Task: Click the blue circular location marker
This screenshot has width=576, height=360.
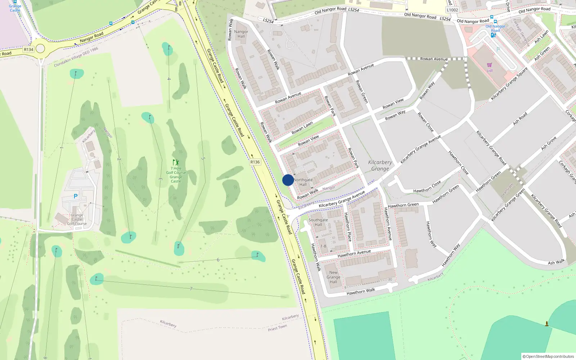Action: pos(288,180)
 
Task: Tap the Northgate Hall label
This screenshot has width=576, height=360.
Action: pos(303,182)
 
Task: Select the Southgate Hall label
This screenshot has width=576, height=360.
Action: pos(318,222)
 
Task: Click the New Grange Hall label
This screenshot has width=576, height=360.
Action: pos(333,277)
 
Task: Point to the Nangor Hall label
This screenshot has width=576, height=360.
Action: pos(241,34)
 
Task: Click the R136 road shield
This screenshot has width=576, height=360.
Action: pos(255,162)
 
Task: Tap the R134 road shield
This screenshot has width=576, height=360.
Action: pos(28,49)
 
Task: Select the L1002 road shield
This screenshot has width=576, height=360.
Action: pos(453,10)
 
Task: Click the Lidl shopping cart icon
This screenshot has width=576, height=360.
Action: pos(489,65)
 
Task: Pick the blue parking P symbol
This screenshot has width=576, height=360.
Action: pos(76,196)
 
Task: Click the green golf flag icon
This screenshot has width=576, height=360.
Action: pos(176,162)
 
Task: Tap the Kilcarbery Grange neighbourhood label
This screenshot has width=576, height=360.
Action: pos(380,166)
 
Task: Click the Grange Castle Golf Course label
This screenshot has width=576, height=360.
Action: pos(77,219)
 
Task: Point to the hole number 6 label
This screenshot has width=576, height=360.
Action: pos(218,260)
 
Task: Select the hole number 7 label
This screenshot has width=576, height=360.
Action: pos(191,289)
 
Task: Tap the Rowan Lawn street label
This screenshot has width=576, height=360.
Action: pos(302,128)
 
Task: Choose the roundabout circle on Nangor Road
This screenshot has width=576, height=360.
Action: pos(40,49)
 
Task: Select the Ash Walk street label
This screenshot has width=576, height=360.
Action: pos(556,262)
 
